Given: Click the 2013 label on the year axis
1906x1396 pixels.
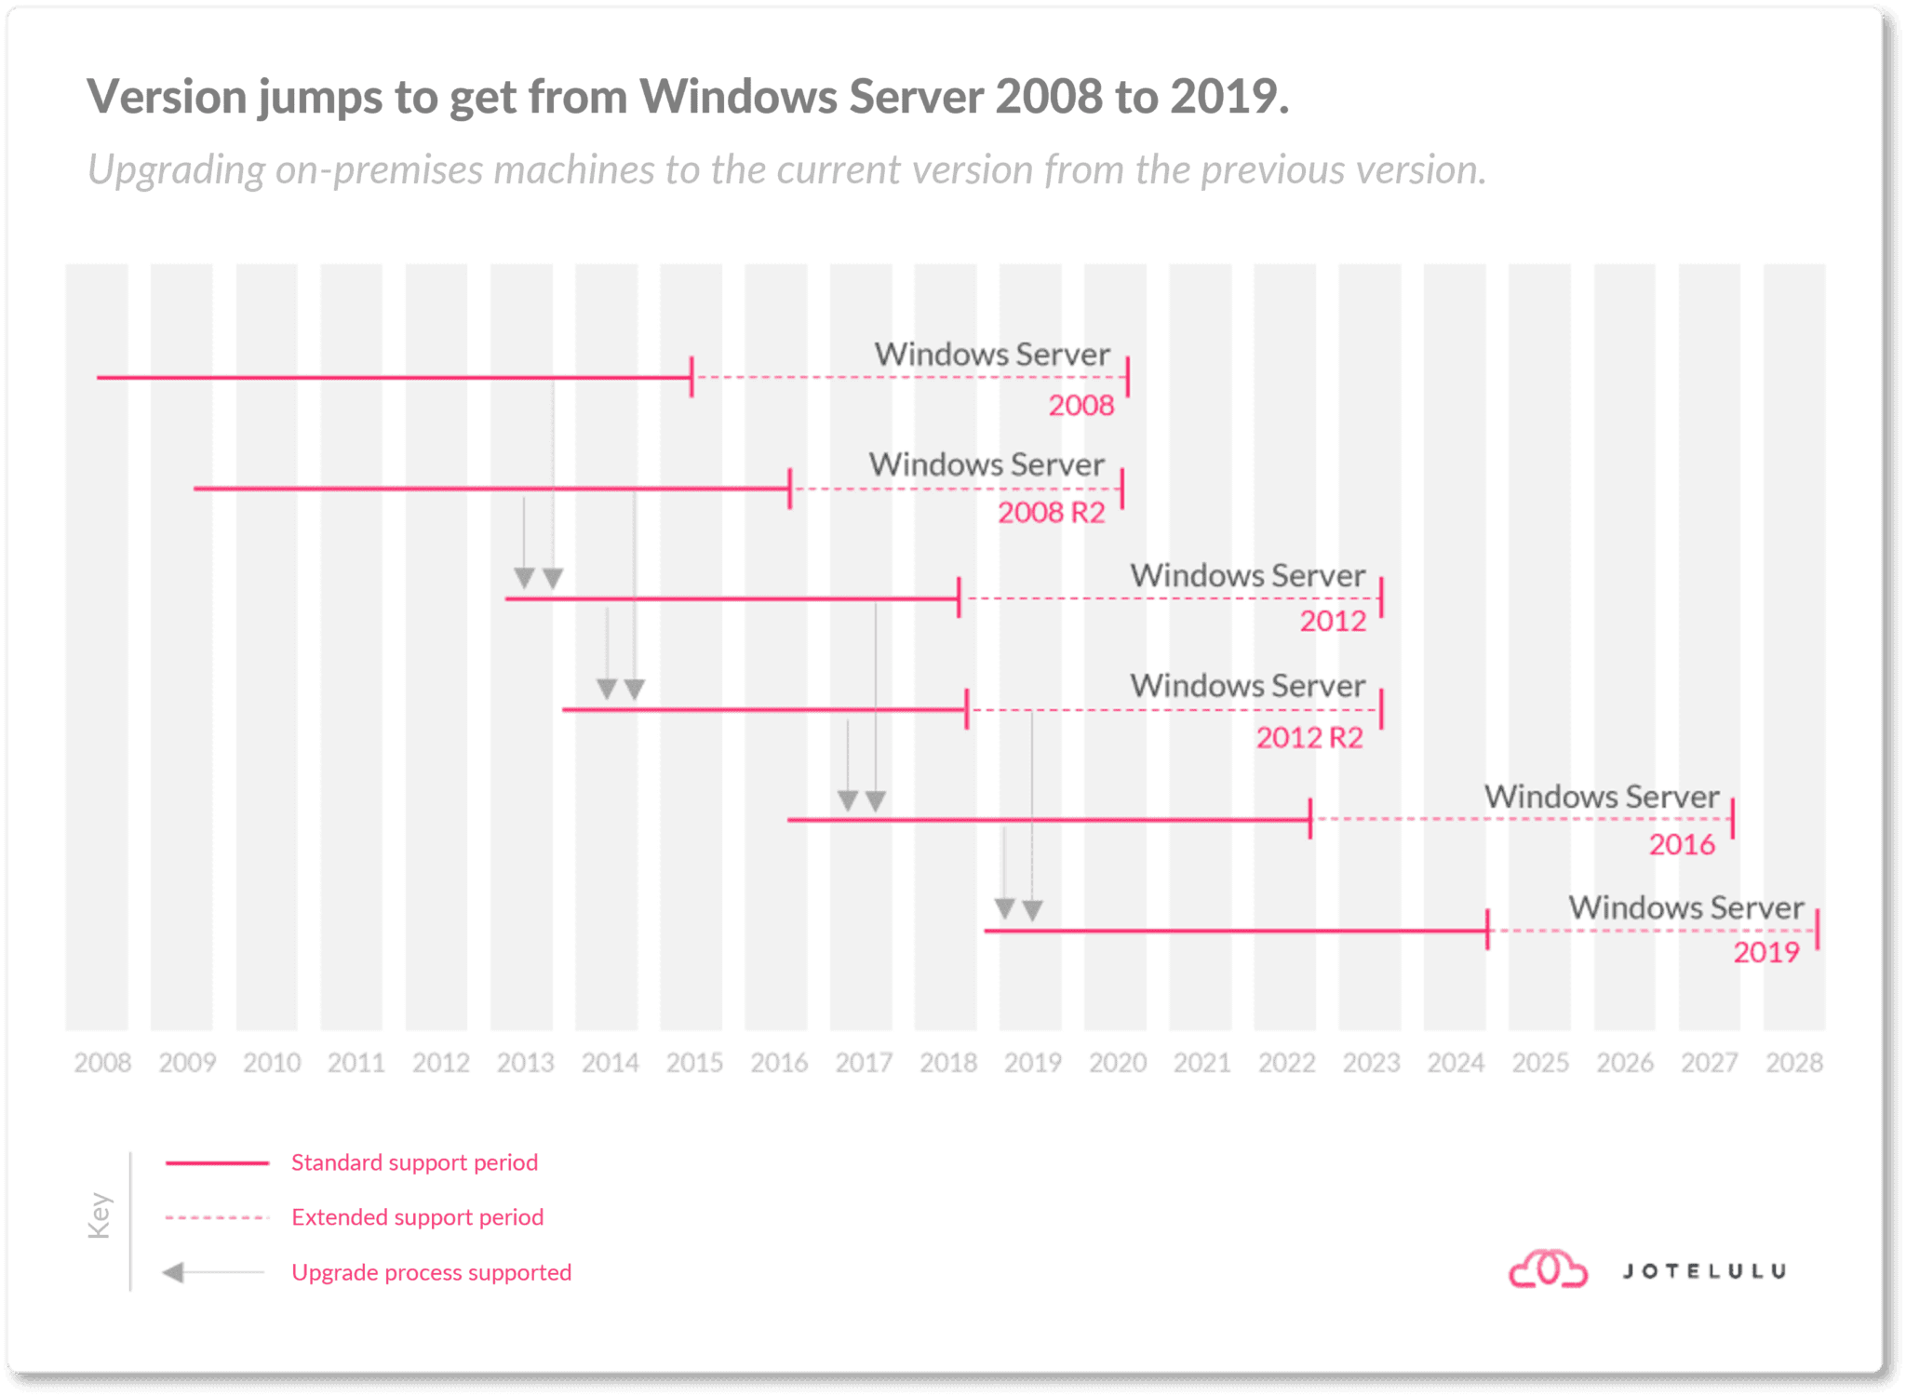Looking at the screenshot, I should click(525, 1062).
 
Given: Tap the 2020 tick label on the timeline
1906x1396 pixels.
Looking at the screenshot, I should click(1118, 1062).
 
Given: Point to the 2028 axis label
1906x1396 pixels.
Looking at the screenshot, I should click(1794, 1062).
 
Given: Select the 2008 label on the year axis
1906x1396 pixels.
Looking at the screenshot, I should click(102, 1062).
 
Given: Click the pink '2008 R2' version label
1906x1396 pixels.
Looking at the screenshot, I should click(1052, 513).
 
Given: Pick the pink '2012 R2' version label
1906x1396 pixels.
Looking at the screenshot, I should click(1309, 738).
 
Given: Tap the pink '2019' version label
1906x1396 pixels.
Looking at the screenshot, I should click(1766, 952).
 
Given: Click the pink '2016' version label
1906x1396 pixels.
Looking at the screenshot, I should click(1682, 844).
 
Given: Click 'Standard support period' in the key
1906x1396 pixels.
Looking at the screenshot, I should click(414, 1162).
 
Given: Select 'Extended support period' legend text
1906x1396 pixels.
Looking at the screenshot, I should click(417, 1217).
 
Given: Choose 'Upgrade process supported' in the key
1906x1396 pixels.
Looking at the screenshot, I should click(431, 1272).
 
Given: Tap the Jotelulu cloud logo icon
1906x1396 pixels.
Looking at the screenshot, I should click(1548, 1270).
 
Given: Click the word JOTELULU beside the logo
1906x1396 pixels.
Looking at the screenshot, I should click(1704, 1271).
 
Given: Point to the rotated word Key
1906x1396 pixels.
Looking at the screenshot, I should click(100, 1215).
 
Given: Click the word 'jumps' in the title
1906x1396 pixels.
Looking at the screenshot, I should click(320, 97).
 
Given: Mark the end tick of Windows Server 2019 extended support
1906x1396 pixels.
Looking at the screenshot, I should click(1818, 930).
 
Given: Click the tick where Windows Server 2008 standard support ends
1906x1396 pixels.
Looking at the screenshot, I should click(691, 377).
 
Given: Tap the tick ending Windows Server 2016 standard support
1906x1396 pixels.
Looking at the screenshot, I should click(1310, 819).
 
